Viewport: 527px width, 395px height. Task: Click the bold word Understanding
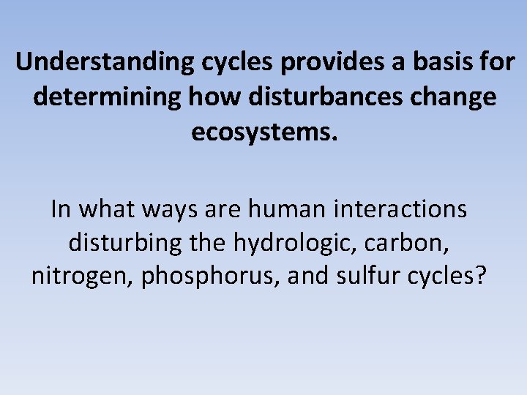tap(102, 63)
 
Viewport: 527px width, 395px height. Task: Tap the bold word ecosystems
tap(264, 132)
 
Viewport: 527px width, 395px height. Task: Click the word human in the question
tap(283, 210)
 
